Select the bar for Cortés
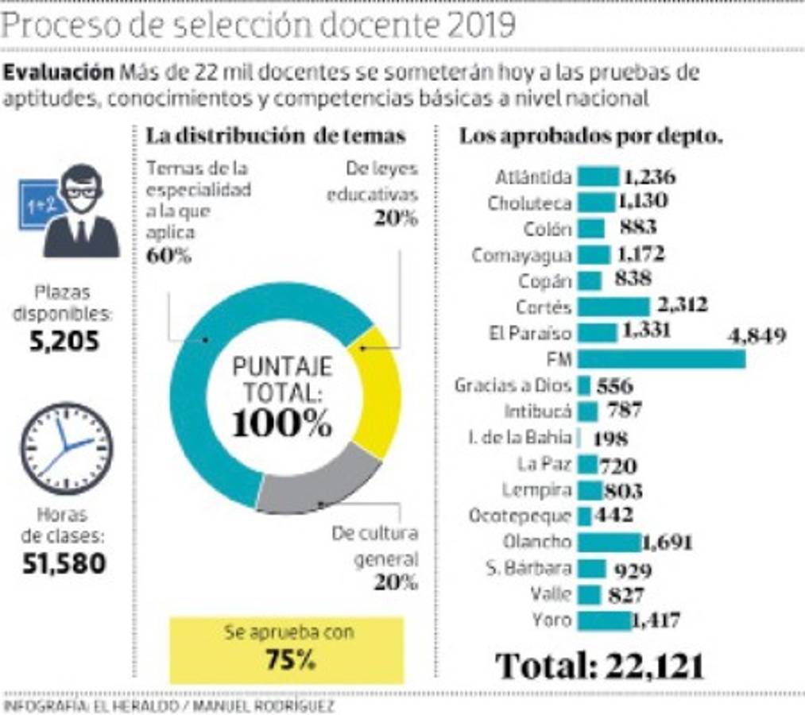(613, 307)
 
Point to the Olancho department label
(536, 542)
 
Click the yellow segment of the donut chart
(379, 389)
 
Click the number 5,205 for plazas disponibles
(66, 342)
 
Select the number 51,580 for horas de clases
(66, 563)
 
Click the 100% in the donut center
(282, 423)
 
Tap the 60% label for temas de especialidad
(168, 256)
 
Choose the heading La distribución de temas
(276, 136)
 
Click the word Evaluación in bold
(59, 72)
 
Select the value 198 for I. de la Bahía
(610, 438)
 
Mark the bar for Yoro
(603, 620)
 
